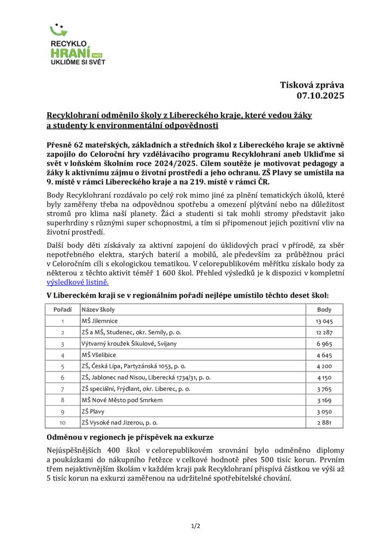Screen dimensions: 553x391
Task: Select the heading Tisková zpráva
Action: coord(312,84)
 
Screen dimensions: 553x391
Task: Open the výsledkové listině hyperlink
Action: coord(78,282)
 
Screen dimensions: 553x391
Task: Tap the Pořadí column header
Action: coord(63,309)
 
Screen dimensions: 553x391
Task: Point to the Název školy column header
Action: coord(98,309)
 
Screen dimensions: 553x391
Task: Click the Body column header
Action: coord(324,309)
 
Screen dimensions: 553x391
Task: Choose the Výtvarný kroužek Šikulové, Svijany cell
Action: coord(129,343)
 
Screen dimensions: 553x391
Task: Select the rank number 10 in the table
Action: coord(62,422)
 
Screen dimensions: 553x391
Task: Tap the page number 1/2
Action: coord(195,525)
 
